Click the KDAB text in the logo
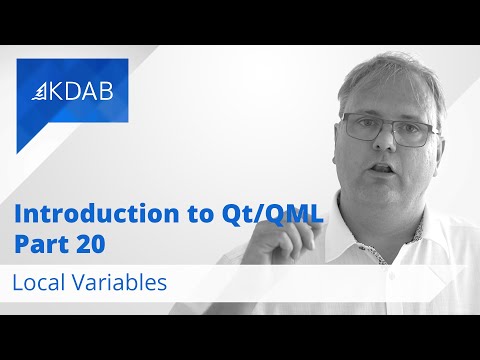pyautogui.click(x=83, y=91)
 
